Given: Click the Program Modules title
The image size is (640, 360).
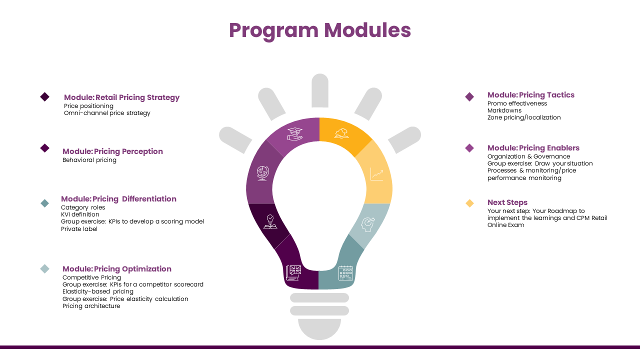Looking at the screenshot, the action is (319, 30).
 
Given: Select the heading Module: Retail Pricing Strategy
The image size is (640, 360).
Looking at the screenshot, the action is (121, 97).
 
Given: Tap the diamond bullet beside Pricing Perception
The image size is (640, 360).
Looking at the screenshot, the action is (45, 148).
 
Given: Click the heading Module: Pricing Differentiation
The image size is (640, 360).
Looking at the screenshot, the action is (118, 199).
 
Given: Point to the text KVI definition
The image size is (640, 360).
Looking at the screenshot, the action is (80, 214).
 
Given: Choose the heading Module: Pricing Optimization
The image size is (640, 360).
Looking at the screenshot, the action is (117, 269).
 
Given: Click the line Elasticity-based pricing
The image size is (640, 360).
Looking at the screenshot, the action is (97, 291).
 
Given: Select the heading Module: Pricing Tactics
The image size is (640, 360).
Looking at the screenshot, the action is (531, 95).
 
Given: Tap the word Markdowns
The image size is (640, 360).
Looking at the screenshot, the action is (504, 110).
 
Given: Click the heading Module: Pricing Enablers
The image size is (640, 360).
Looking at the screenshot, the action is (533, 148).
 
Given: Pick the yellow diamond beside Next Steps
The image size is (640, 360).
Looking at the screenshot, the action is (469, 203).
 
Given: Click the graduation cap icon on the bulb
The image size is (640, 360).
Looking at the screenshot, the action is (295, 134).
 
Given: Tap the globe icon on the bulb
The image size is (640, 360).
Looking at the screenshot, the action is (263, 173).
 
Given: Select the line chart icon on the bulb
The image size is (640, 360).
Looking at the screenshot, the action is (377, 174).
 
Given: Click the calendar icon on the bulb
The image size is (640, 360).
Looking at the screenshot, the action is (345, 273).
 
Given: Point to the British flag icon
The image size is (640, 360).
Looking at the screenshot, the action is (293, 273).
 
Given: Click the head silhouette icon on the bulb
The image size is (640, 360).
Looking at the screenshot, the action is (367, 224).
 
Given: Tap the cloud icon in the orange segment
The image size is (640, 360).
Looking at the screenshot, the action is (341, 133).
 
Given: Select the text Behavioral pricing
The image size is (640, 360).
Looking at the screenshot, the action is (89, 160).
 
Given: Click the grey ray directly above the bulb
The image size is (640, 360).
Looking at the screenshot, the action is (320, 90).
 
